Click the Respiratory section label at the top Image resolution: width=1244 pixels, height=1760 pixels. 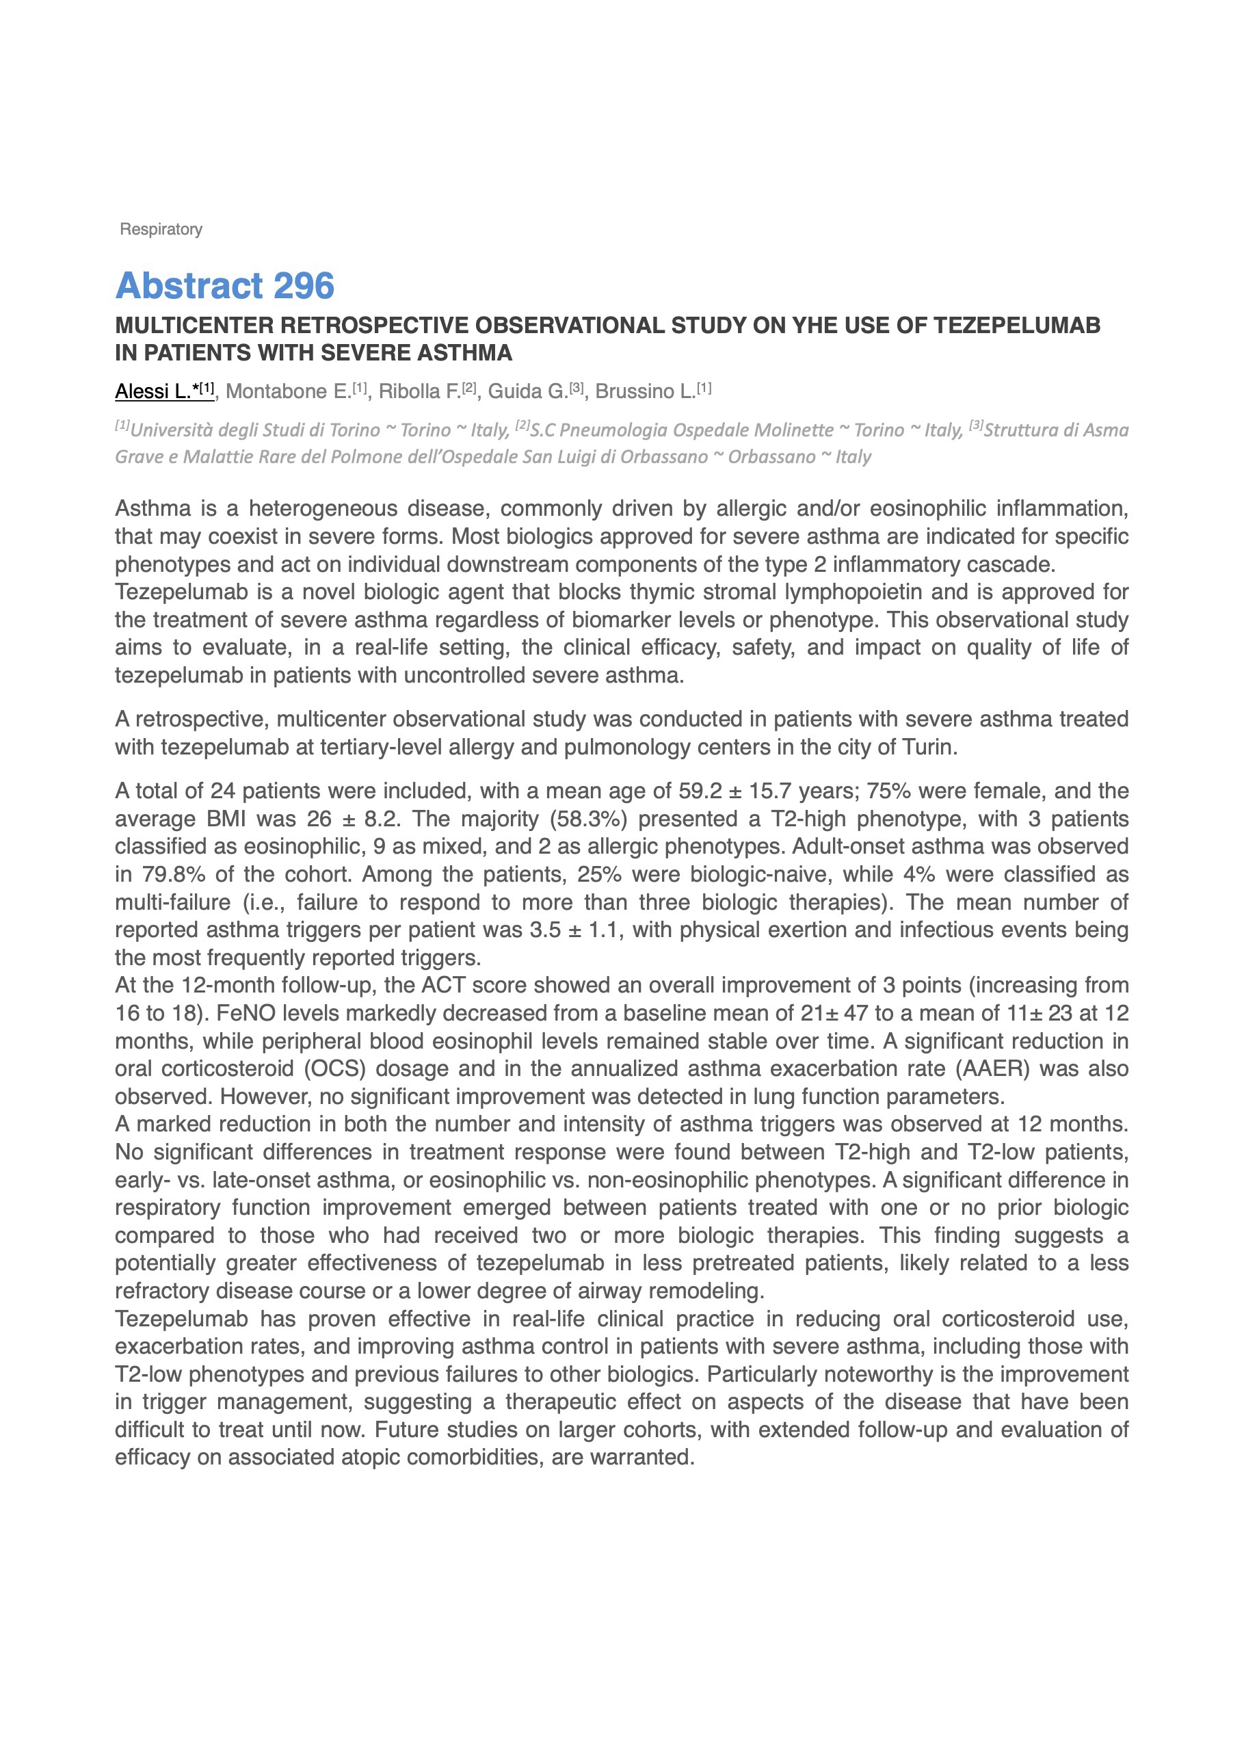pos(161,229)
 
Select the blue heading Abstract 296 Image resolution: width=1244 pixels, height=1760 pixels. pos(224,286)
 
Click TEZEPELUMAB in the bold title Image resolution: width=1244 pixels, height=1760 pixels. pos(1016,326)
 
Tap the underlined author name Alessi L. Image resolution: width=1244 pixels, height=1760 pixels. pos(153,392)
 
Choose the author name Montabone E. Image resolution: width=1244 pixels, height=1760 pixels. pos(288,392)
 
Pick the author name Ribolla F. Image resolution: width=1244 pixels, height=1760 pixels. pos(419,392)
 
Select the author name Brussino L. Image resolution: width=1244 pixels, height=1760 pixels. pos(645,392)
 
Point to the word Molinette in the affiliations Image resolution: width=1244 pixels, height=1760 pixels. pos(795,430)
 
